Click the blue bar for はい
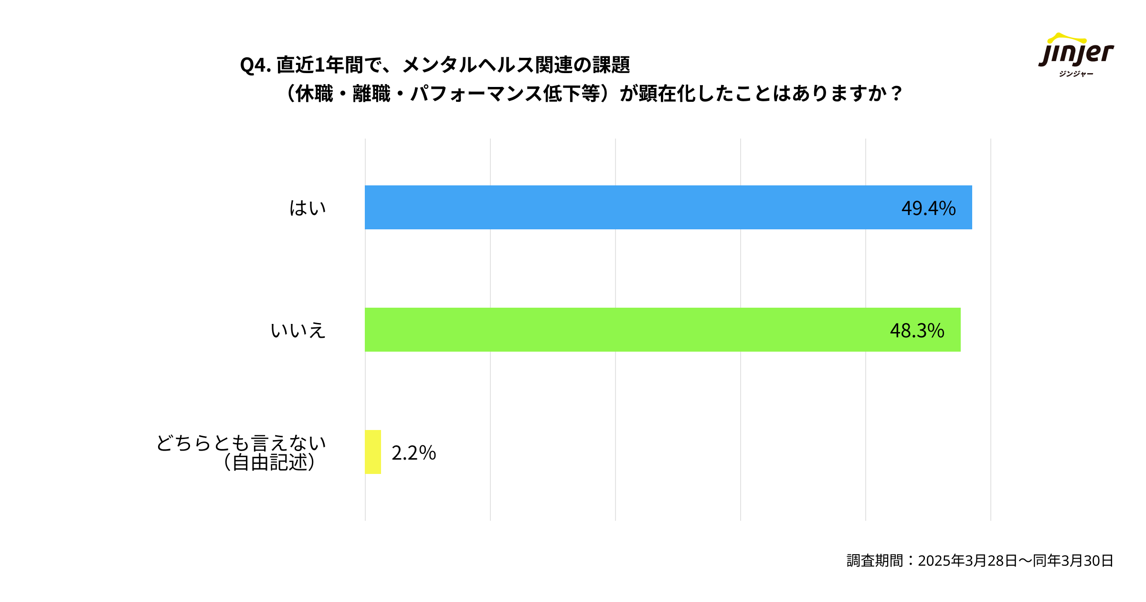click(621, 207)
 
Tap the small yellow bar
click(373, 452)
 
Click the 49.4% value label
click(928, 208)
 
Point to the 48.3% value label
click(917, 331)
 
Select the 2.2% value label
click(414, 453)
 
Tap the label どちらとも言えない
click(241, 443)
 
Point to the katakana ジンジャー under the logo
click(1076, 74)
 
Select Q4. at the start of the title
click(255, 65)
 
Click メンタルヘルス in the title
click(467, 65)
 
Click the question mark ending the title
click(896, 94)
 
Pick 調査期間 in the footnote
click(875, 560)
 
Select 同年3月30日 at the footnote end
click(1073, 560)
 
